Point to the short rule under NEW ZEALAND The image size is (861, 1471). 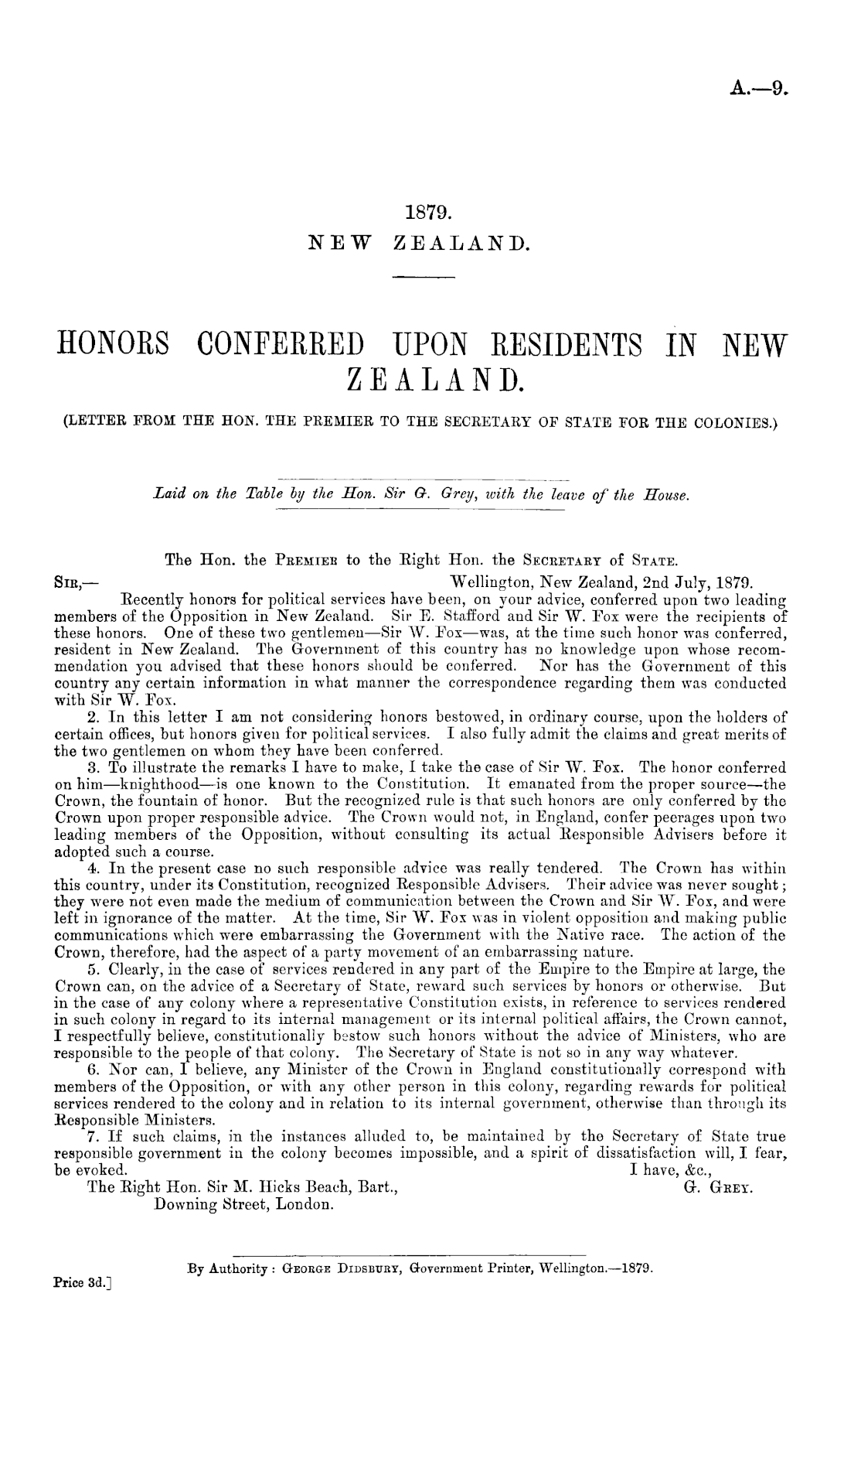pyautogui.click(x=426, y=277)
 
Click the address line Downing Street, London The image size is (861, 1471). pyautogui.click(x=244, y=1204)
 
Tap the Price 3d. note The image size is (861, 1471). pyautogui.click(x=80, y=1282)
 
